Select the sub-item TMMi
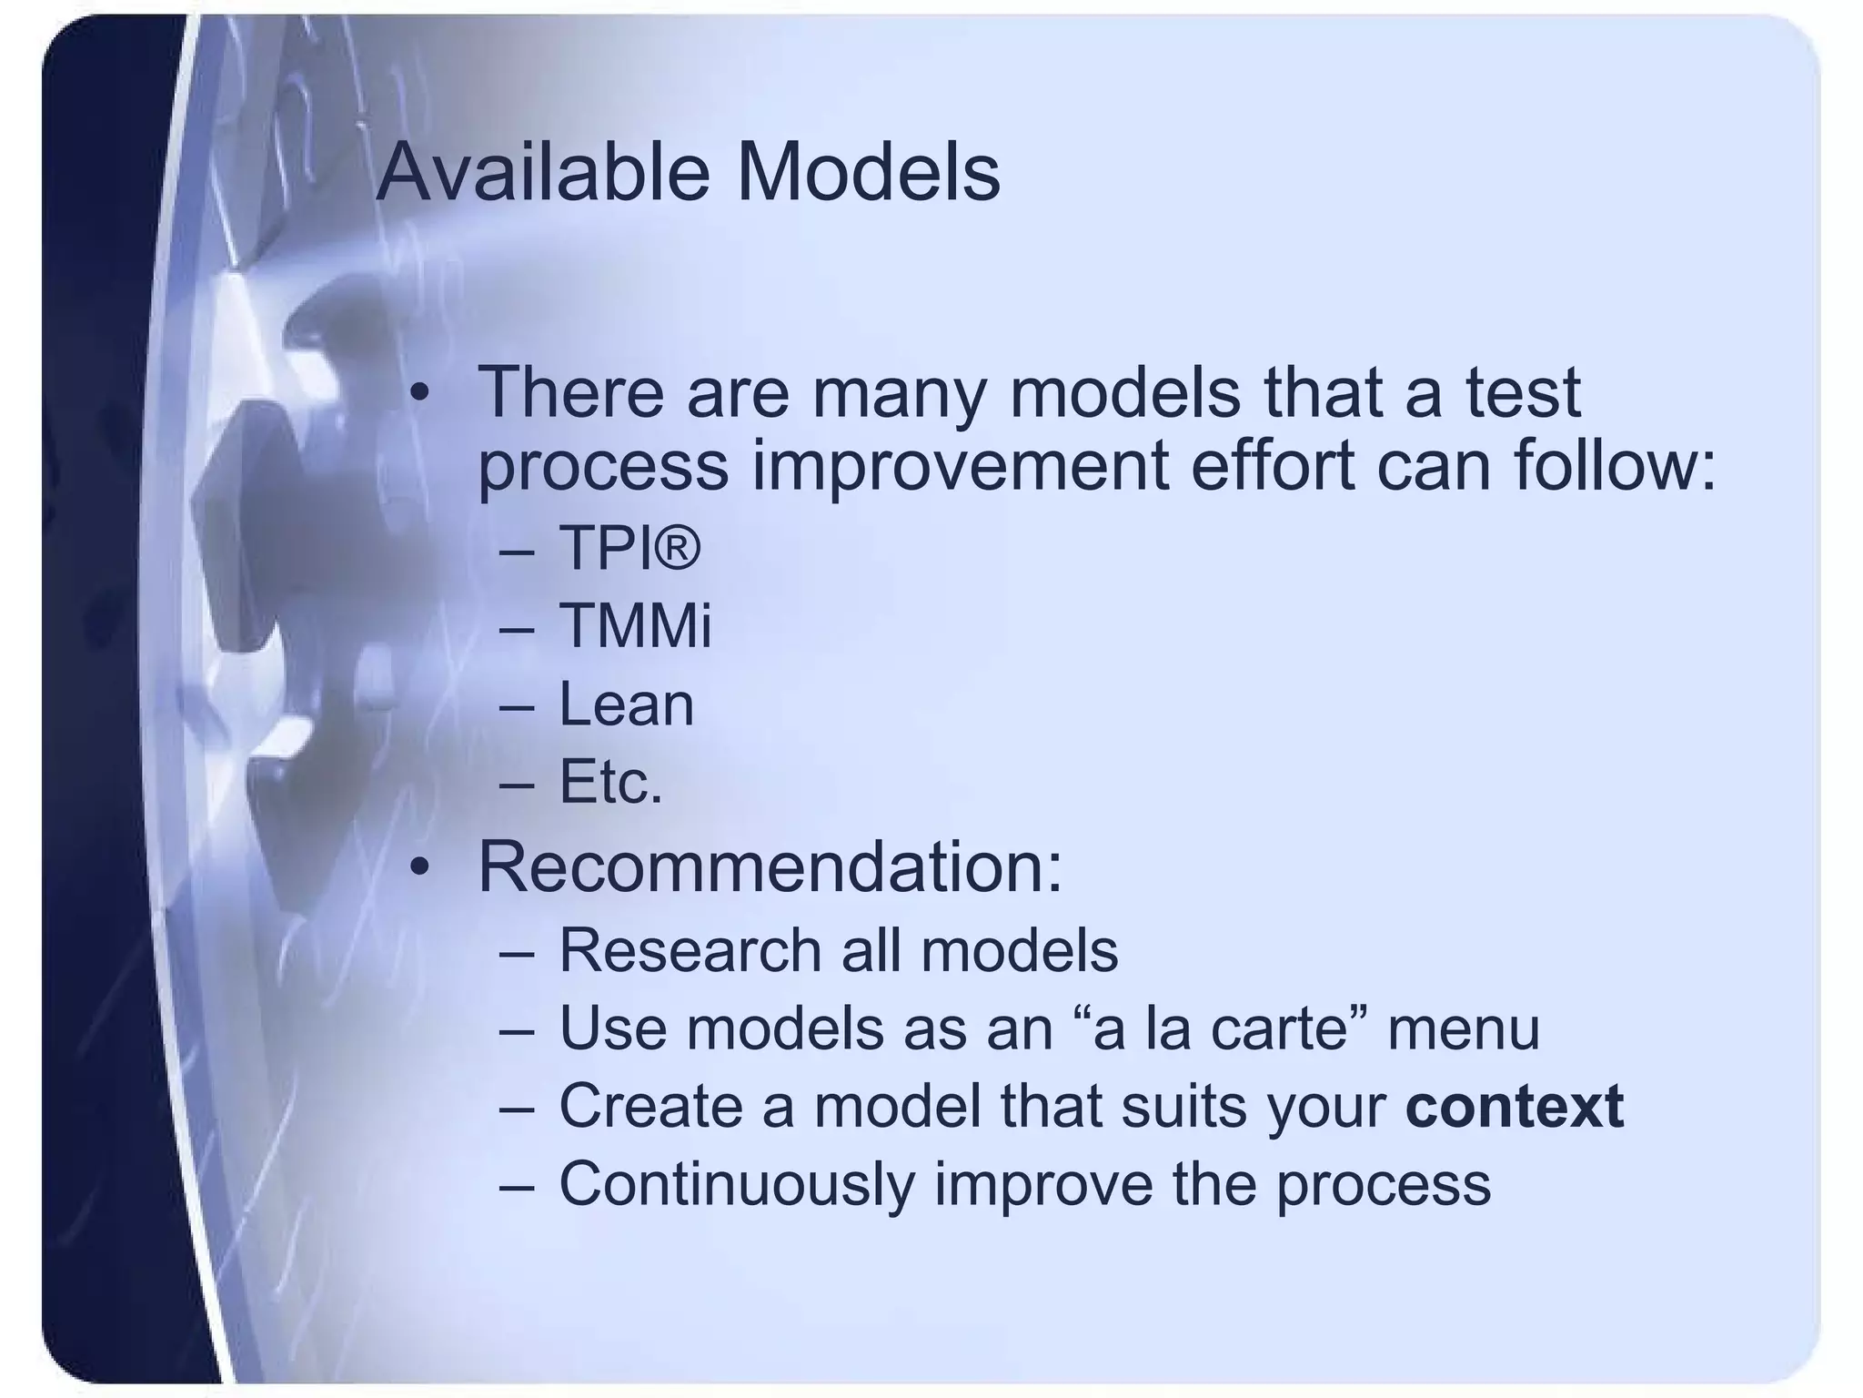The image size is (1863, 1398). pyautogui.click(x=635, y=626)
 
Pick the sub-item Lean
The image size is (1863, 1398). pyautogui.click(x=626, y=704)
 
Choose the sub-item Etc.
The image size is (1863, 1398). pyautogui.click(x=610, y=782)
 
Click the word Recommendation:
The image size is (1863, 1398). pyautogui.click(x=770, y=866)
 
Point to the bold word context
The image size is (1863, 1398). pyautogui.click(x=1514, y=1106)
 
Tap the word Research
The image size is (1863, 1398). pyautogui.click(x=690, y=950)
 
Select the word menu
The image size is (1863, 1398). pyautogui.click(x=1463, y=1028)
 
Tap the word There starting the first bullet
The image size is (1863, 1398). pyautogui.click(x=570, y=392)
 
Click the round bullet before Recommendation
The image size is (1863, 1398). pyautogui.click(x=418, y=867)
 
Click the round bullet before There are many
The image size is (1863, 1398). pyautogui.click(x=418, y=393)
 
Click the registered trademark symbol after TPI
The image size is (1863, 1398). pyautogui.click(x=678, y=549)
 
